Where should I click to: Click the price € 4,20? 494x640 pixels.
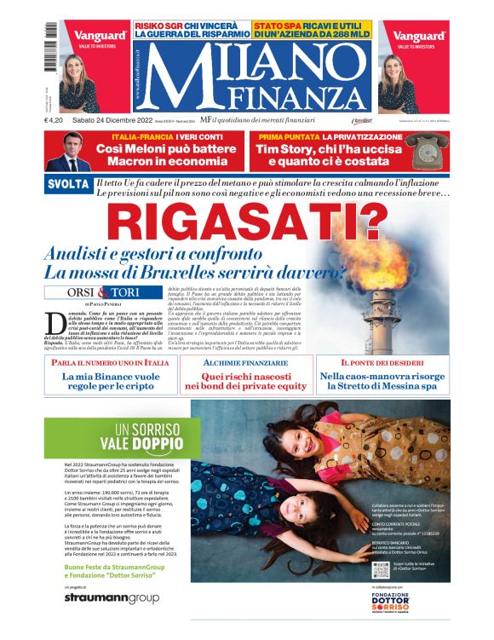[x=57, y=119]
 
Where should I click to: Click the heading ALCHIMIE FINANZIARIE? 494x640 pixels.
[x=245, y=362]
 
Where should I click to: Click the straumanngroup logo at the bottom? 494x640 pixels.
[x=111, y=598]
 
